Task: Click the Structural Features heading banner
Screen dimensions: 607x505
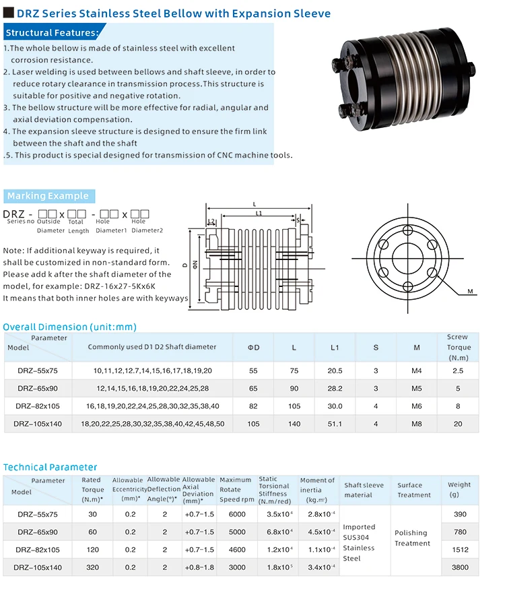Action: point(53,32)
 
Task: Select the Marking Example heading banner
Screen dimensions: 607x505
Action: point(48,196)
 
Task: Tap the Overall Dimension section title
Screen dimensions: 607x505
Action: point(69,327)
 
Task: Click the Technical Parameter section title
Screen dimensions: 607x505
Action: point(50,467)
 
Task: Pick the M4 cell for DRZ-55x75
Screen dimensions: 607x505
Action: point(417,371)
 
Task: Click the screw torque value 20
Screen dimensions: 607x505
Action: point(458,424)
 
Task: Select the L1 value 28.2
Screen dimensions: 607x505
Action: point(335,389)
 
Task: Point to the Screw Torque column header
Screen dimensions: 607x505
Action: point(457,347)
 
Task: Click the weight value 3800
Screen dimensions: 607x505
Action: point(459,567)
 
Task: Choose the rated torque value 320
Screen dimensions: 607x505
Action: point(93,567)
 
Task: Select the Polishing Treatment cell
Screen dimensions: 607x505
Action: point(411,538)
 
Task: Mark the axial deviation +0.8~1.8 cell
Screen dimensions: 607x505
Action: point(199,567)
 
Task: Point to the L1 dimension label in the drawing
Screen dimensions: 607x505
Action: point(259,214)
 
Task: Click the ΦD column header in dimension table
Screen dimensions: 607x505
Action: point(253,347)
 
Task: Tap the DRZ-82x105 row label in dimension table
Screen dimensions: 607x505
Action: point(38,406)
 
